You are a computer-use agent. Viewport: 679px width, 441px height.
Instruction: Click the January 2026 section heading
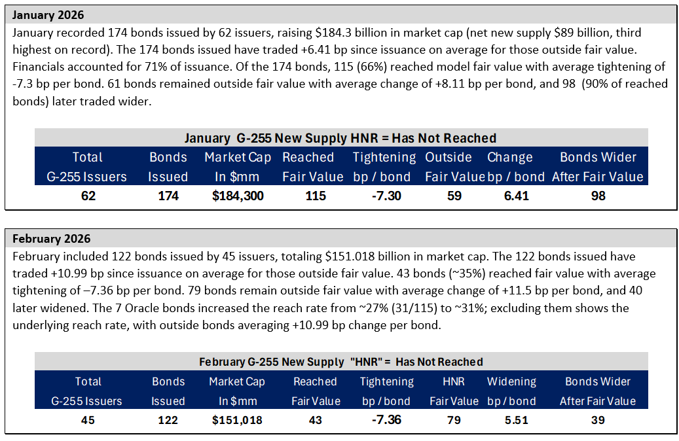pyautogui.click(x=48, y=15)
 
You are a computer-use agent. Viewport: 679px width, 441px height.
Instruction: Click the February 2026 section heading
pyautogui.click(x=52, y=239)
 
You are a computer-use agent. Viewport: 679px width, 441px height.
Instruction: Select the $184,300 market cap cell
pyautogui.click(x=238, y=196)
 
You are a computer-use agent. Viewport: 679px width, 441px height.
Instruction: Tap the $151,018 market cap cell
pyautogui.click(x=237, y=420)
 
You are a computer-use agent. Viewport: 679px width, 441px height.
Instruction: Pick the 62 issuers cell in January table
pyautogui.click(x=88, y=196)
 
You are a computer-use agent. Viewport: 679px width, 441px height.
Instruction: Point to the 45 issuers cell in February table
pyautogui.click(x=88, y=420)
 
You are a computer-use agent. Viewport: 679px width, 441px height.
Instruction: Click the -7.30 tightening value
pyautogui.click(x=386, y=196)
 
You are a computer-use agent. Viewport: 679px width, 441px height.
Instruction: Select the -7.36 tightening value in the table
pyautogui.click(x=386, y=420)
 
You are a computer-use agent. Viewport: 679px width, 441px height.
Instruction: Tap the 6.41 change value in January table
pyautogui.click(x=516, y=196)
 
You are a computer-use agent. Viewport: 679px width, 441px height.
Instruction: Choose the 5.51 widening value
pyautogui.click(x=516, y=420)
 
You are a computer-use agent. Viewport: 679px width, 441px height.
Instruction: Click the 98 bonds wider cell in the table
pyautogui.click(x=598, y=196)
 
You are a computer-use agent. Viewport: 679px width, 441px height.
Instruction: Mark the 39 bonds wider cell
pyautogui.click(x=598, y=420)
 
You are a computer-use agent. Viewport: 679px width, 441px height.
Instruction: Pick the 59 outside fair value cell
pyautogui.click(x=454, y=196)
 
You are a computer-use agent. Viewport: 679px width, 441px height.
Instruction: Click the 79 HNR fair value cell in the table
pyautogui.click(x=454, y=420)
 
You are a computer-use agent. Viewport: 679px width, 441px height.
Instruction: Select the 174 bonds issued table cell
pyautogui.click(x=168, y=196)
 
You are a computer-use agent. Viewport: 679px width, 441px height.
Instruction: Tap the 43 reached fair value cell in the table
pyautogui.click(x=315, y=420)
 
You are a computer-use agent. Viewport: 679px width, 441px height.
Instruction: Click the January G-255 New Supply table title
pyautogui.click(x=340, y=138)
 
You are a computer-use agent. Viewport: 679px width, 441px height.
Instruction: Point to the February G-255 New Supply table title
pyautogui.click(x=340, y=362)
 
